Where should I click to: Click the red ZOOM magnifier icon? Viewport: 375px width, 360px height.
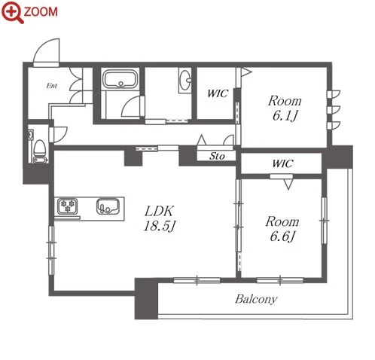pyautogui.click(x=12, y=12)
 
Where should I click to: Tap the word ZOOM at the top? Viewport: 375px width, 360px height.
pyautogui.click(x=41, y=12)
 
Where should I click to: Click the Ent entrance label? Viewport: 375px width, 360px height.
pyautogui.click(x=52, y=86)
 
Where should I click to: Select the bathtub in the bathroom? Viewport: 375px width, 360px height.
pyautogui.click(x=120, y=79)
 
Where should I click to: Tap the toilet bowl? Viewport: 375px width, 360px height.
pyautogui.click(x=39, y=148)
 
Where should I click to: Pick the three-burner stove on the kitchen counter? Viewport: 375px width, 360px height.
pyautogui.click(x=67, y=206)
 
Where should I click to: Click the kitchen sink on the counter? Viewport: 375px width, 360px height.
pyautogui.click(x=108, y=206)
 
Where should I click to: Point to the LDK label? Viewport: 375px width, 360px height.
pyautogui.click(x=159, y=211)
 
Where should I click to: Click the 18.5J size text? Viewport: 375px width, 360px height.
pyautogui.click(x=160, y=226)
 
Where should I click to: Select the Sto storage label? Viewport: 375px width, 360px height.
pyautogui.click(x=217, y=156)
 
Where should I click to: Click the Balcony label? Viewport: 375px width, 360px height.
pyautogui.click(x=256, y=299)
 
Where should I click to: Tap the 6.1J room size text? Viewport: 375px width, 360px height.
pyautogui.click(x=285, y=116)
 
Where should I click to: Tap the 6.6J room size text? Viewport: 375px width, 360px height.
pyautogui.click(x=282, y=236)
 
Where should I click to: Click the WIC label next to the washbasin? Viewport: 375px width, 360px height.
pyautogui.click(x=218, y=93)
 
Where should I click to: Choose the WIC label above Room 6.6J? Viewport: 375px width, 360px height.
pyautogui.click(x=282, y=163)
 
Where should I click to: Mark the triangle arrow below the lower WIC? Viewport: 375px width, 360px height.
pyautogui.click(x=288, y=184)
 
